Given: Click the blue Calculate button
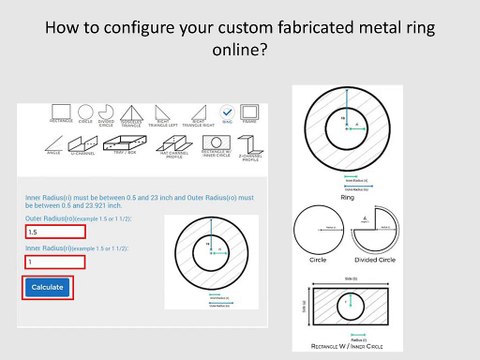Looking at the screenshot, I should (47, 287).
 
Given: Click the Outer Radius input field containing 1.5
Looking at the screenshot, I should (54, 232).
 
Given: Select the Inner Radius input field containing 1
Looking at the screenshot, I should (54, 262).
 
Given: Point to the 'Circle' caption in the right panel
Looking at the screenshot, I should (319, 259).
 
